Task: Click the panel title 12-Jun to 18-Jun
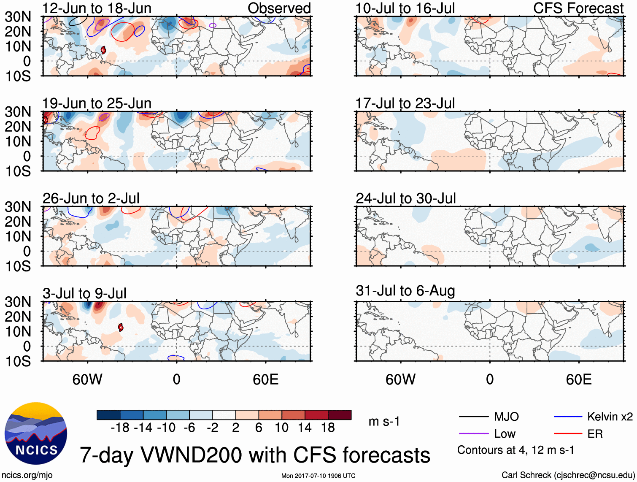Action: [97, 8]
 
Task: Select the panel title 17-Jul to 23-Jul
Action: [405, 103]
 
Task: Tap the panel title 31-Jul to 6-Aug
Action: [405, 291]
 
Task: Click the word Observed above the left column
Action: [279, 8]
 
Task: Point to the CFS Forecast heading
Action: [578, 8]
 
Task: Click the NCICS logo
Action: [36, 433]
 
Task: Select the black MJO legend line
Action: [473, 417]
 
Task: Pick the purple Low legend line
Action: [473, 433]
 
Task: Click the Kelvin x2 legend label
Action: [610, 417]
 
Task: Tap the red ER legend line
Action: [567, 433]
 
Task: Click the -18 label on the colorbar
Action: [120, 428]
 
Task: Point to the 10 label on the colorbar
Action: [281, 428]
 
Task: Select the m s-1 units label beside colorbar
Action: [384, 421]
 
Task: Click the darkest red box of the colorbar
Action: [340, 415]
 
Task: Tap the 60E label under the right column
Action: [578, 379]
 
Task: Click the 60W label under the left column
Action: [87, 379]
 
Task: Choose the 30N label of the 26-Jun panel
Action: [18, 207]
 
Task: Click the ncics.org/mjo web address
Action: [27, 475]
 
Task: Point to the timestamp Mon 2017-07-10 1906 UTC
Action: [318, 476]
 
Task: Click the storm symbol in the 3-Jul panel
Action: [121, 327]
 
